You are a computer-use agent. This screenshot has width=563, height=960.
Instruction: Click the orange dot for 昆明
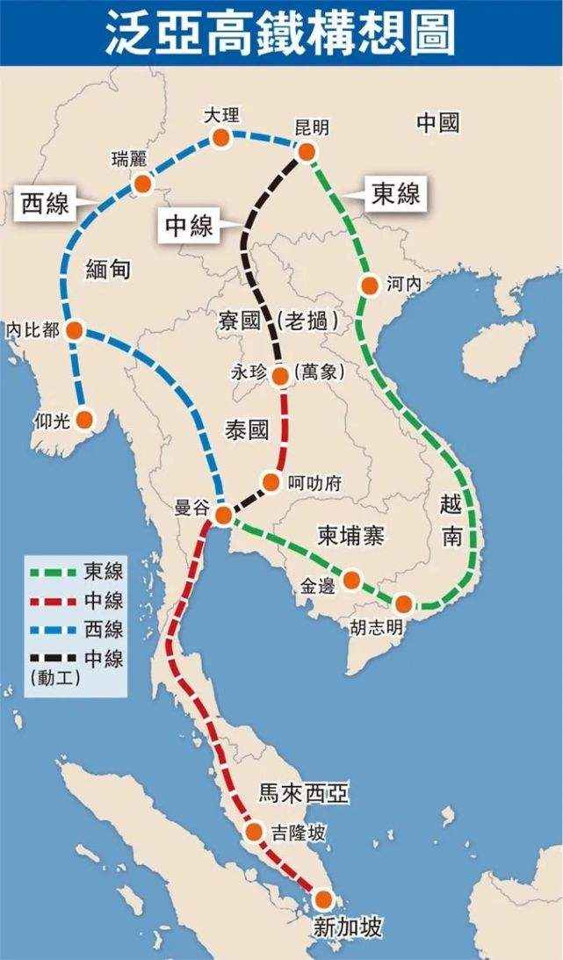pos(307,152)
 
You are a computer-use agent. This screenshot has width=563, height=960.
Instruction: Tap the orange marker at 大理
pos(221,137)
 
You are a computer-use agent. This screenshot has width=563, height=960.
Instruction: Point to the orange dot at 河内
pos(370,285)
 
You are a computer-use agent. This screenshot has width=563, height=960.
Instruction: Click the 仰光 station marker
pos(84,419)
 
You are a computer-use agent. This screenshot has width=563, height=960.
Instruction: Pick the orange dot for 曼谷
pos(224,514)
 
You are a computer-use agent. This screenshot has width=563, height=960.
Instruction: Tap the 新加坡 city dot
pos(323,899)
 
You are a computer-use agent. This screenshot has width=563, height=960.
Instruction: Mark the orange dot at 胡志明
pos(403,603)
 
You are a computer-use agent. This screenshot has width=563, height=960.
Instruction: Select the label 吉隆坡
pos(300,833)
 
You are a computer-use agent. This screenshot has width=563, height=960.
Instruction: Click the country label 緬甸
pos(109,269)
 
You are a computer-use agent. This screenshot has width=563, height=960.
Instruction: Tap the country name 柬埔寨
pos(350,536)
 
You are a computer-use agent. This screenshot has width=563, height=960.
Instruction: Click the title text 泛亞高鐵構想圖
pos(281,34)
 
